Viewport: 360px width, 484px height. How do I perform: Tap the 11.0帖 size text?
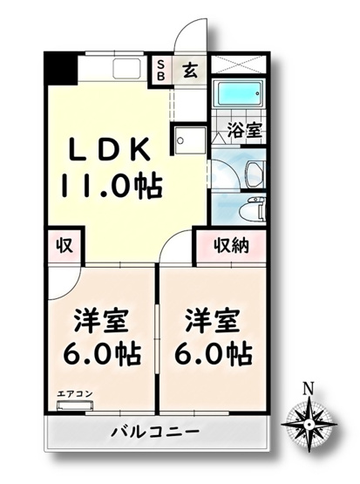click(111, 185)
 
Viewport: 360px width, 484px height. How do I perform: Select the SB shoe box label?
click(162, 70)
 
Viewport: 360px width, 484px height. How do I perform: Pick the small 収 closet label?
click(65, 245)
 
